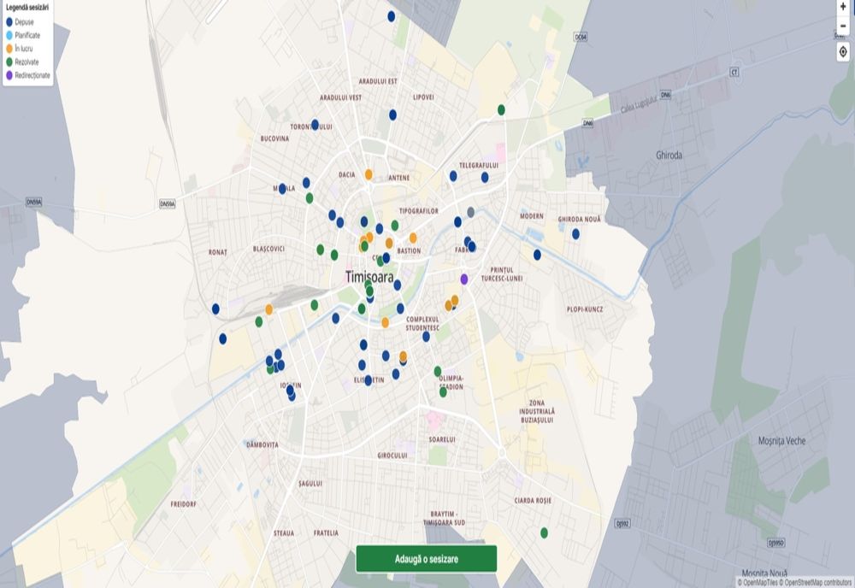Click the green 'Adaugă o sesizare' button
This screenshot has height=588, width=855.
426,558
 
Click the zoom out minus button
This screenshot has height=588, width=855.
843,26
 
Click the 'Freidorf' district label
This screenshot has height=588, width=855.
183,504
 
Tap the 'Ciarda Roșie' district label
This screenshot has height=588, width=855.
533,500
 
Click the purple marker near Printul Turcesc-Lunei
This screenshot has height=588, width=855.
464,279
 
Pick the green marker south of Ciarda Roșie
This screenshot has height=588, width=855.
544,532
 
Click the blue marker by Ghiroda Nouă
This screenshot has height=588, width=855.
575,233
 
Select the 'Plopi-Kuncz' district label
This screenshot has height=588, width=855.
585,309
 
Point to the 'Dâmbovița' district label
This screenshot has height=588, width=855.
262,444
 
